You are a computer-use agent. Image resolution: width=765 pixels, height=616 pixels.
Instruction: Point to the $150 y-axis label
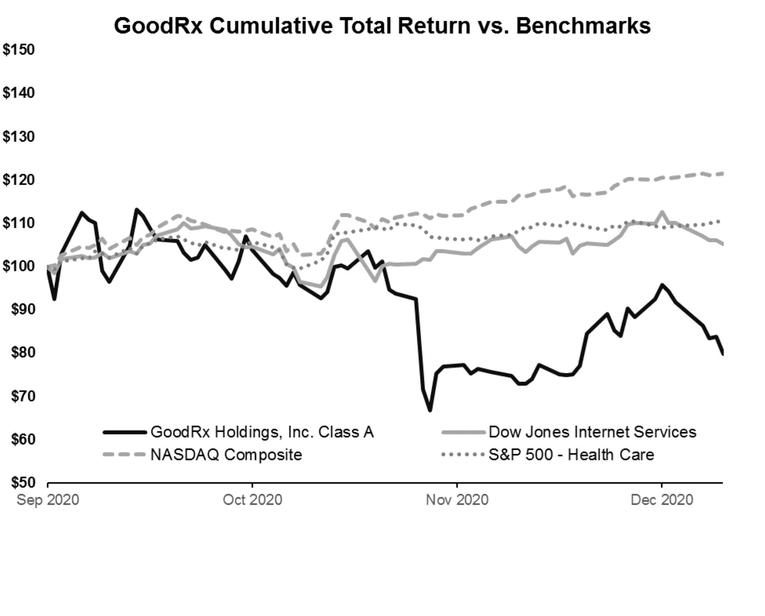[x=19, y=50]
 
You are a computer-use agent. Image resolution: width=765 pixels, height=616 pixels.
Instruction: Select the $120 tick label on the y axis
[x=19, y=180]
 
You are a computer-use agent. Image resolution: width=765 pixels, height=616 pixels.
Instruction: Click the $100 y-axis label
[x=19, y=266]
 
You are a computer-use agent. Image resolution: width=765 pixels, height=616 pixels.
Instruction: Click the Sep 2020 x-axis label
[x=48, y=500]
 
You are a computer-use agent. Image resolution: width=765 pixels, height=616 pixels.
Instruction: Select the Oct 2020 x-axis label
[x=253, y=500]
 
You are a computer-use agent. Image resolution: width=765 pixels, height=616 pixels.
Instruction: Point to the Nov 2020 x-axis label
[x=457, y=500]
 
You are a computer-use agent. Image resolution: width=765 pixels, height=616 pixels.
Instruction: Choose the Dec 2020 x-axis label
[x=662, y=500]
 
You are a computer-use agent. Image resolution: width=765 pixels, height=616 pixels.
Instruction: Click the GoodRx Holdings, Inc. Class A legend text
[x=262, y=432]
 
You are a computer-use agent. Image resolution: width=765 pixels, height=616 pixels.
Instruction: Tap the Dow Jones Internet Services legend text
[x=592, y=432]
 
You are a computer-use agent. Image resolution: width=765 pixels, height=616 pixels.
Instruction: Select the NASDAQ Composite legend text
[x=226, y=455]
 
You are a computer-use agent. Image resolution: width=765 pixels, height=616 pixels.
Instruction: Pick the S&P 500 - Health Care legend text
[x=571, y=455]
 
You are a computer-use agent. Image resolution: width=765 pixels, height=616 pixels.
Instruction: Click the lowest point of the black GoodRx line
[x=430, y=410]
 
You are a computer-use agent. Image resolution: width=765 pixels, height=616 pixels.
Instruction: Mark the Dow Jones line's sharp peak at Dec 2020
[x=662, y=213]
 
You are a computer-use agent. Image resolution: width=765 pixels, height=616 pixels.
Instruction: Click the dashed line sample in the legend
[x=124, y=455]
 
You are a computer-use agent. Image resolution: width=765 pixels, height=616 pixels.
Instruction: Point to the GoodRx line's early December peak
[x=662, y=285]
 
